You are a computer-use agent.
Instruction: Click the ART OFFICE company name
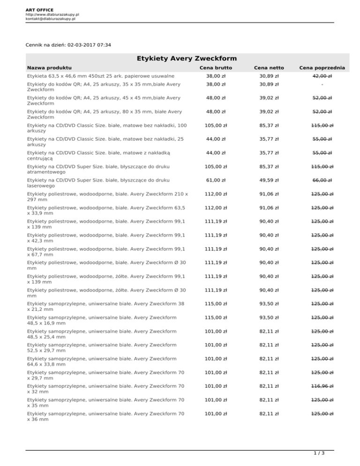click(40, 10)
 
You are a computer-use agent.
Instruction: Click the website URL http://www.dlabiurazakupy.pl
click(52, 15)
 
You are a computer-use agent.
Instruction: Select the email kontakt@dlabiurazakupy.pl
click(51, 19)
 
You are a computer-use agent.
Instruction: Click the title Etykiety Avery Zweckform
click(187, 59)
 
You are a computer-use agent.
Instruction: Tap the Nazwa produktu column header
click(50, 68)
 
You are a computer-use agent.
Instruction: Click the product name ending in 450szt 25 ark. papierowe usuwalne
click(101, 76)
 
